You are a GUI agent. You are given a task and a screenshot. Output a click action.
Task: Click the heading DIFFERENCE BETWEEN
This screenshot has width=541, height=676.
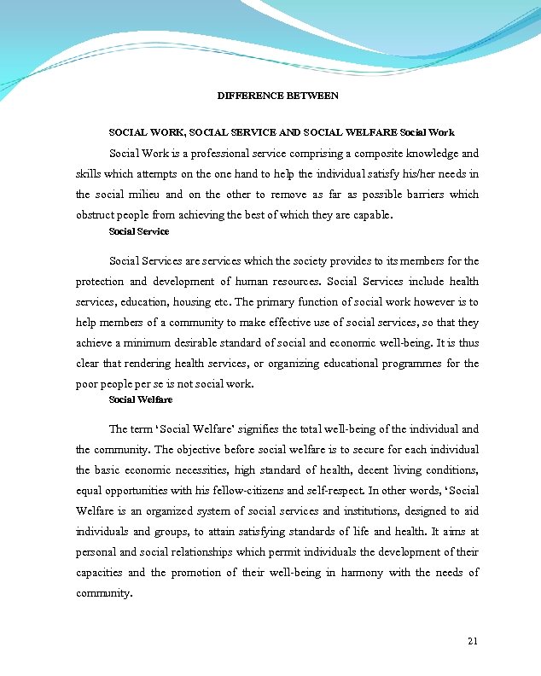coord(278,96)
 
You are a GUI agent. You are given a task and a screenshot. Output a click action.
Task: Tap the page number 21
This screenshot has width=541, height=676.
coord(474,641)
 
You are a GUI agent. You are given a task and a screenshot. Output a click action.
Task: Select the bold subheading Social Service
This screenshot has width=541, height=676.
coord(139,231)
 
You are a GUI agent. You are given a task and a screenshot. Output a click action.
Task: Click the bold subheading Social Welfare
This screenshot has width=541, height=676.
coord(141,399)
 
